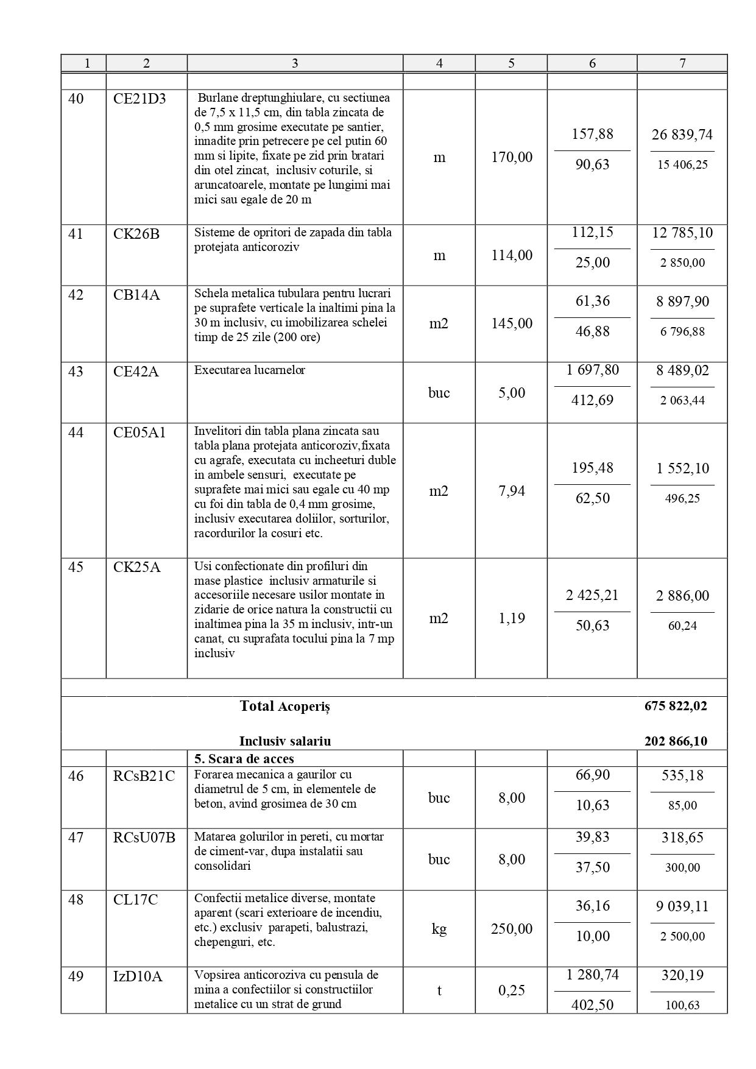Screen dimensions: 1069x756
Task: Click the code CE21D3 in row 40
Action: [140, 99]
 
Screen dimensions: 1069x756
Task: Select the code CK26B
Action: [136, 234]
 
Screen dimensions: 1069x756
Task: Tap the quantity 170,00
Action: [512, 157]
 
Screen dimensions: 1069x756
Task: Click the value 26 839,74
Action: [682, 135]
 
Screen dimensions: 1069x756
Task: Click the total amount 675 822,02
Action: [676, 707]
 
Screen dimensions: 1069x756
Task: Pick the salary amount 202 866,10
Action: [676, 741]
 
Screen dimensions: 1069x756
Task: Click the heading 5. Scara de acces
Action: [244, 759]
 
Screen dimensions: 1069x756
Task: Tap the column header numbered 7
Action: [682, 63]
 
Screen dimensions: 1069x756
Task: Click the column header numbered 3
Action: [295, 63]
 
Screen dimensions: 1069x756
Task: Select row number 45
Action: [76, 567]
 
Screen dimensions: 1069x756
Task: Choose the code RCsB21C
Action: [144, 776]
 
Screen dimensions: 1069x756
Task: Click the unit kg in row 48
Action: [439, 929]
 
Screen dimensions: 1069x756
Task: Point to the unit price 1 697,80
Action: [592, 370]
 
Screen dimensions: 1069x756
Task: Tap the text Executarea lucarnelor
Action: [250, 370]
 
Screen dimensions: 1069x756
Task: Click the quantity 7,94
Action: [512, 491]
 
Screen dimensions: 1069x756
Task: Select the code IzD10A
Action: [138, 976]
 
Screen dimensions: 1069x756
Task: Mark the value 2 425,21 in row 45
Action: [592, 596]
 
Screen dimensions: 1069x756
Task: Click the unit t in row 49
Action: [439, 990]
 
